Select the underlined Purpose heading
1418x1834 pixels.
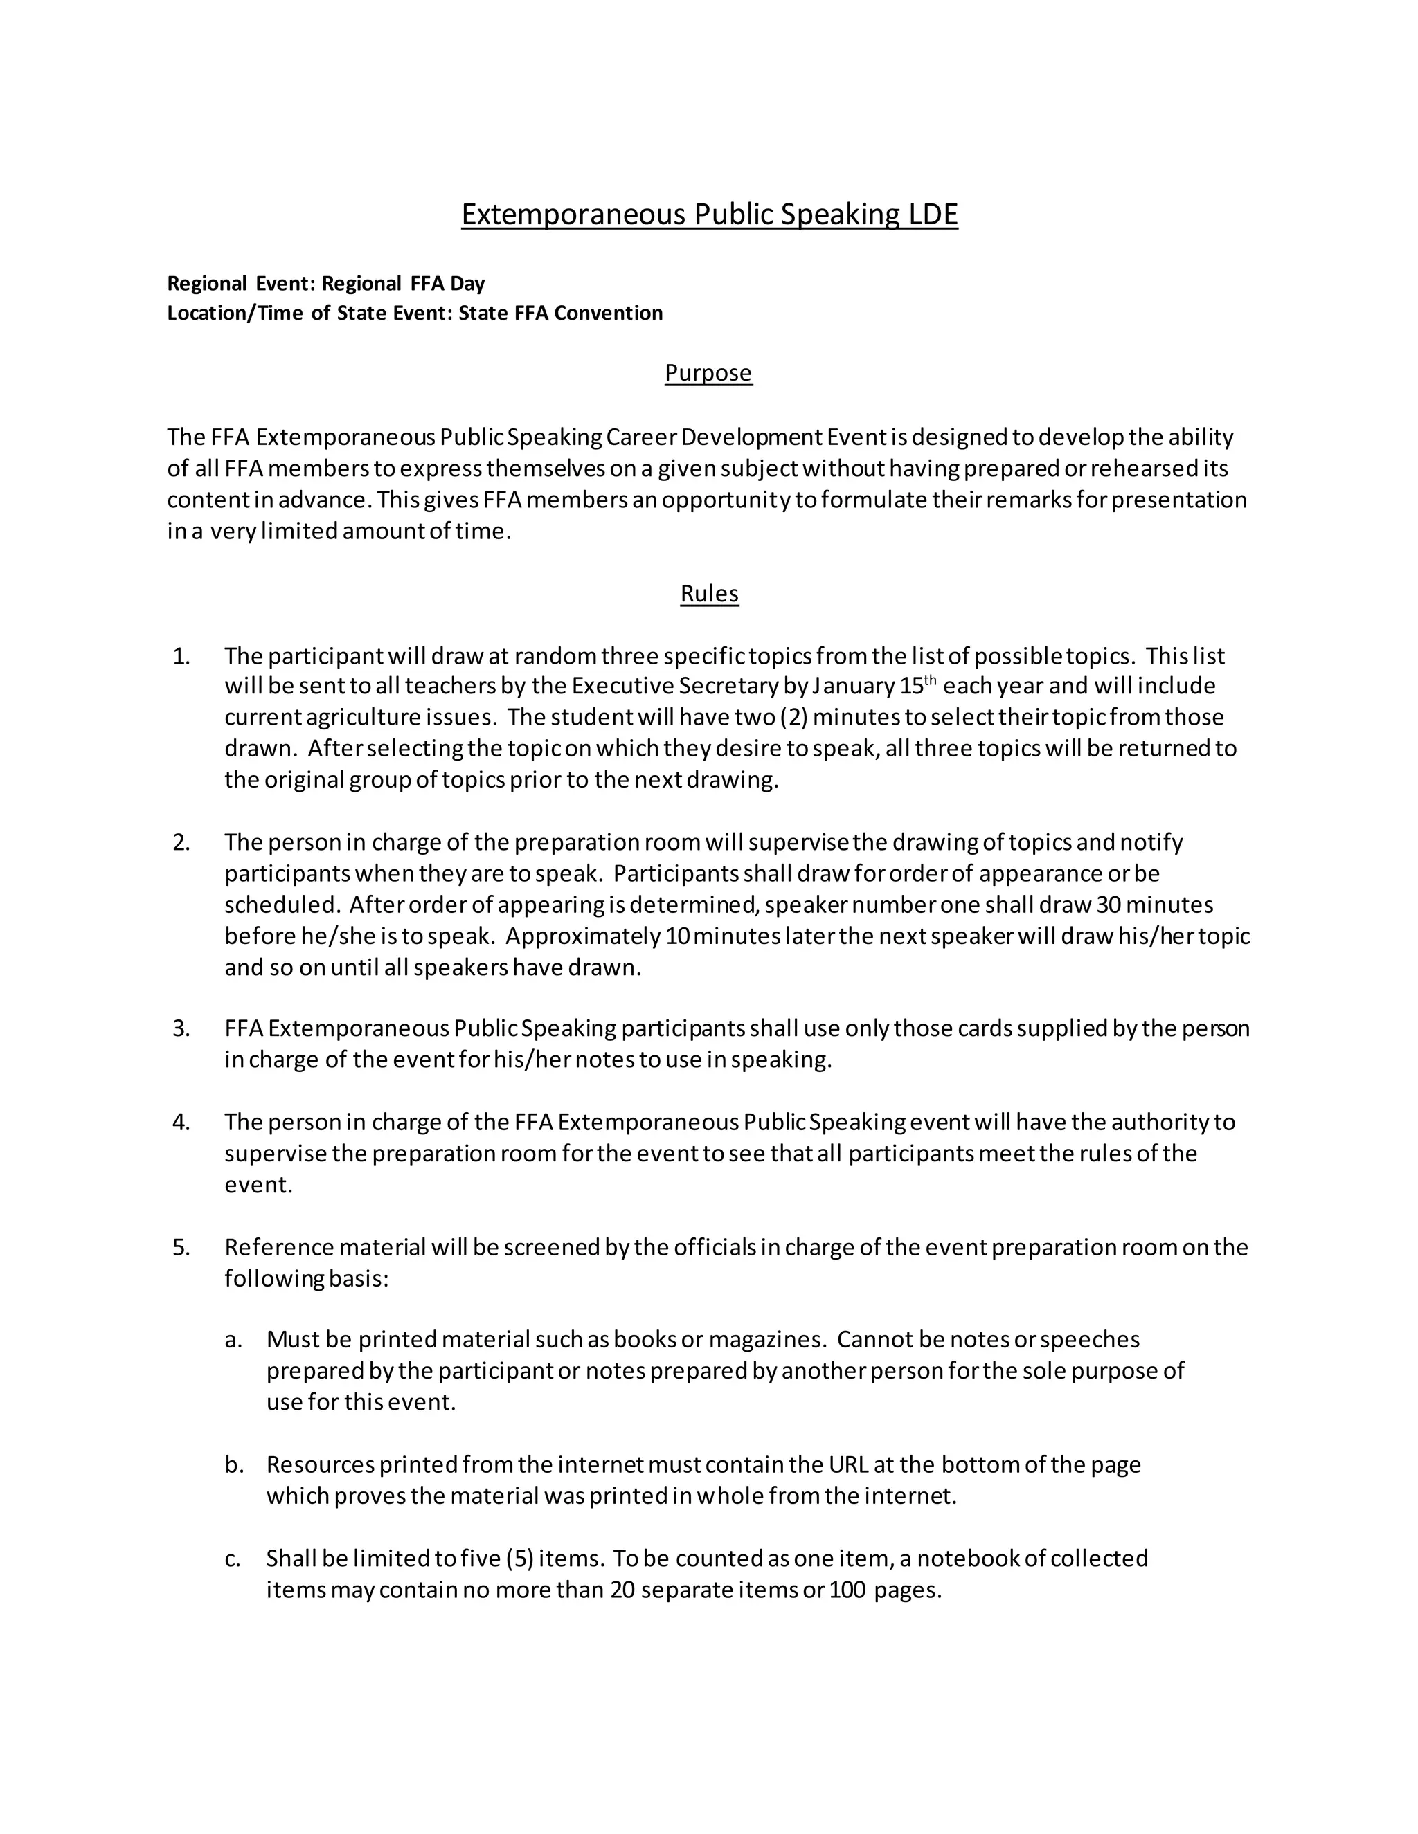click(708, 373)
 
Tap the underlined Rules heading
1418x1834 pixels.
click(709, 594)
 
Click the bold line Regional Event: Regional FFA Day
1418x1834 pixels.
click(326, 283)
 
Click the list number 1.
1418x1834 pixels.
click(181, 656)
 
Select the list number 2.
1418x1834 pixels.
click(181, 842)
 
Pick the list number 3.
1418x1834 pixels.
click(181, 1028)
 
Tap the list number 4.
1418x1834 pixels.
click(181, 1122)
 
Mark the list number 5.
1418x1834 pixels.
click(181, 1247)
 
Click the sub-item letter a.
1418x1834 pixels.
click(233, 1339)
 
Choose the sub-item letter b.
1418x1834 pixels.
click(233, 1464)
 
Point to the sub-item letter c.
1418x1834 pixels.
click(233, 1559)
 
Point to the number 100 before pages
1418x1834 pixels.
click(847, 1590)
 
